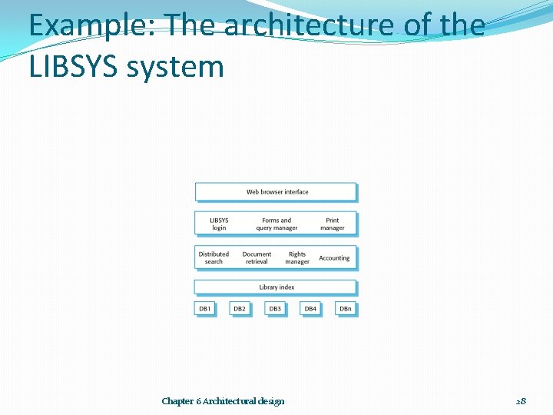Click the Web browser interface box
tap(276, 192)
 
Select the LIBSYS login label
tap(219, 224)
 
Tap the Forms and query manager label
tap(276, 224)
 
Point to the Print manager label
tap(332, 224)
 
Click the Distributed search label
tap(214, 257)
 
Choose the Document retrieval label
tap(257, 257)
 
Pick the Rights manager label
tap(297, 257)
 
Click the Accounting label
tap(334, 258)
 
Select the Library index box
tap(276, 287)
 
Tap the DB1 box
tap(205, 309)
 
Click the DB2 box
tap(240, 309)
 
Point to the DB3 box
tap(275, 309)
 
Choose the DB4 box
tap(310, 309)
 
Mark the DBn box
tap(346, 309)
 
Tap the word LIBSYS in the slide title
tap(73, 67)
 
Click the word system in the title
tap(175, 67)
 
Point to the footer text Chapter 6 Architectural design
tap(223, 401)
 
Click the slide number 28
tap(521, 401)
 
